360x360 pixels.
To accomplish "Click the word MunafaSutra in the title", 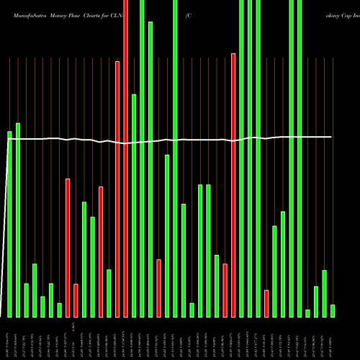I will click(x=23, y=14).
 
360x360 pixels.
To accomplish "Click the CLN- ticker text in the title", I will click(x=131, y=14).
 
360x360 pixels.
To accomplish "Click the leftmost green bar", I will click(x=10, y=223).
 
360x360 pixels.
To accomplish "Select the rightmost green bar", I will click(x=333, y=310).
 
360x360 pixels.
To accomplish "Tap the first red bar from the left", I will click(x=68, y=248).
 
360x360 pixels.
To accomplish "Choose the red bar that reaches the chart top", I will click(x=125, y=158).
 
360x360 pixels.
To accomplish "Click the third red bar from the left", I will click(x=101, y=251).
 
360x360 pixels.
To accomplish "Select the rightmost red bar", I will click(x=266, y=303).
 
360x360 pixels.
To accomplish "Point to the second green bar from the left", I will click(x=18, y=220).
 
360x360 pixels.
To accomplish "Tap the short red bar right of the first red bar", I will click(x=76, y=300).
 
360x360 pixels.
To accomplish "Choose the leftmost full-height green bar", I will click(x=142, y=158).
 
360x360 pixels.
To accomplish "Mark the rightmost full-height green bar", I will click(x=300, y=158).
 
